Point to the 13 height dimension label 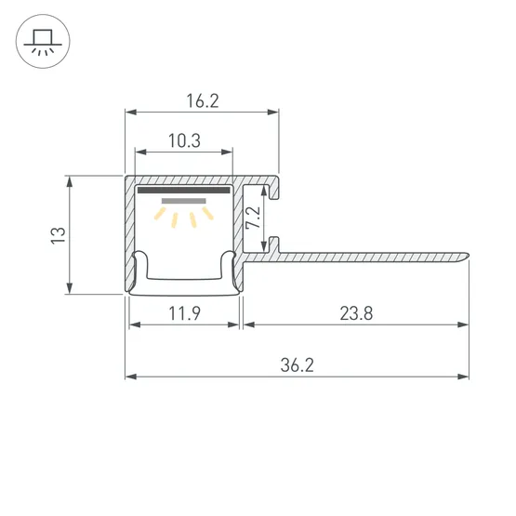pyautogui.click(x=57, y=234)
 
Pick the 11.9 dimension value pyautogui.click(x=183, y=313)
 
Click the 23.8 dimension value pyautogui.click(x=355, y=313)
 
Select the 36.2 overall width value pyautogui.click(x=297, y=365)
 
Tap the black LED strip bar pyautogui.click(x=183, y=191)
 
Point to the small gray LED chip pyautogui.click(x=183, y=200)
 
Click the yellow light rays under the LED pyautogui.click(x=183, y=218)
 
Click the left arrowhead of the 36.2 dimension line pyautogui.click(x=130, y=377)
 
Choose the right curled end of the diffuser pyautogui.click(x=228, y=264)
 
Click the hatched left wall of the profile pyautogui.click(x=129, y=232)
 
